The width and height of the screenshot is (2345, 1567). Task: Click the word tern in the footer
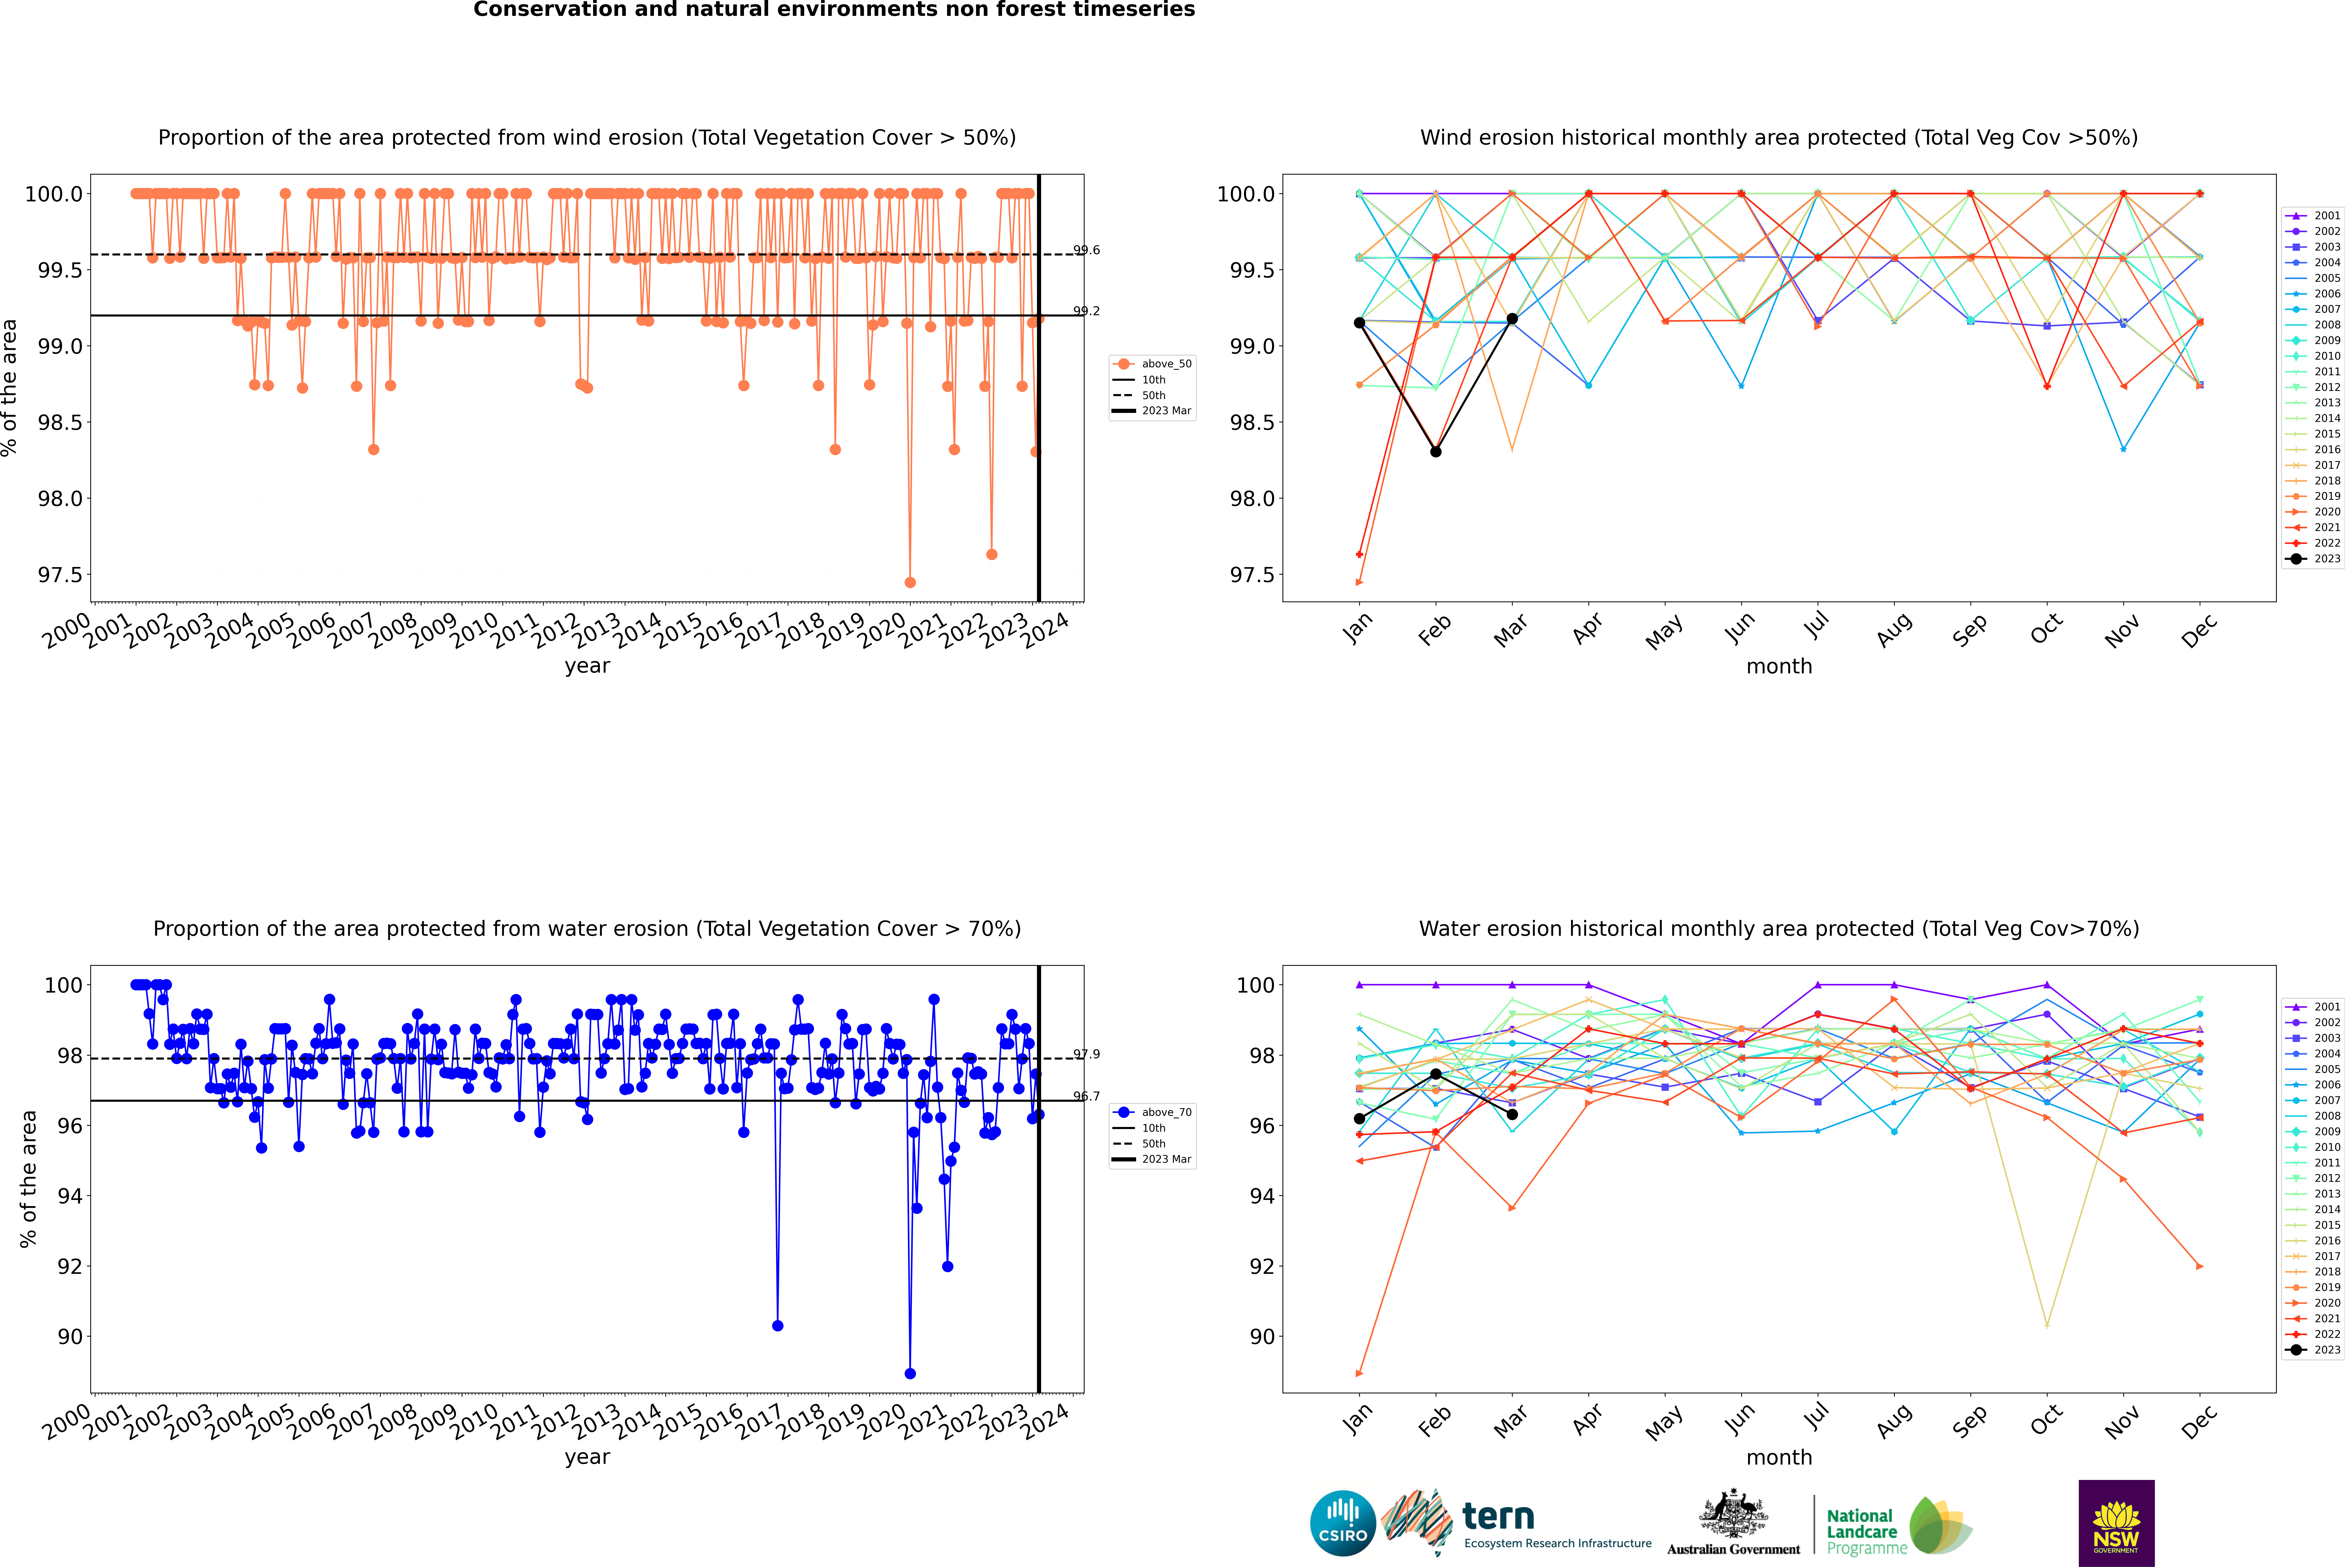point(1497,1517)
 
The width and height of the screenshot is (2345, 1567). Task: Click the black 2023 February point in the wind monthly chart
point(1435,452)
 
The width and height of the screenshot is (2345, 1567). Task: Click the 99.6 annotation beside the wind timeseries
point(1087,250)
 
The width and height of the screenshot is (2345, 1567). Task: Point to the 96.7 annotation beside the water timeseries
point(1087,1096)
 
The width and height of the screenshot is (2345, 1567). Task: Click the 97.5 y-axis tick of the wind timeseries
point(60,575)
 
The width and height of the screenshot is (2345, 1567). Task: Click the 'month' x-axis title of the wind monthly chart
point(1778,667)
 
